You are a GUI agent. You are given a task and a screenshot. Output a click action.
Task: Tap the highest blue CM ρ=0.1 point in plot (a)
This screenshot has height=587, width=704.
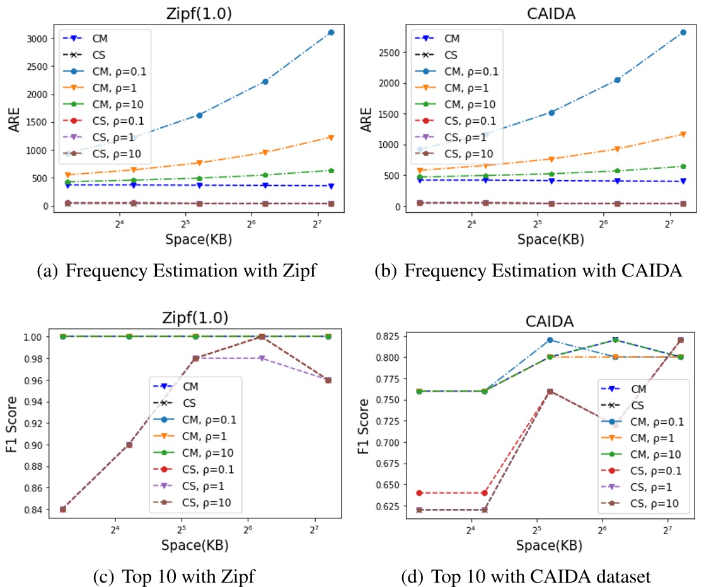[331, 32]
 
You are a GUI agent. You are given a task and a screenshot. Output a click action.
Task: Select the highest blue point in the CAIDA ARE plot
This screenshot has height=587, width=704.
[683, 32]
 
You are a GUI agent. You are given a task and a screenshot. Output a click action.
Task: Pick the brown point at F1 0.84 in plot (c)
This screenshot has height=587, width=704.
[63, 509]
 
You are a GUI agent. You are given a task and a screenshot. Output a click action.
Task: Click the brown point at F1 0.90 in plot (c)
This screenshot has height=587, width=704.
[129, 445]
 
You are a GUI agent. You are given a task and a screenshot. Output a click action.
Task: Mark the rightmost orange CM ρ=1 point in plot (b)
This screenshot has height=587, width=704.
[683, 134]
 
